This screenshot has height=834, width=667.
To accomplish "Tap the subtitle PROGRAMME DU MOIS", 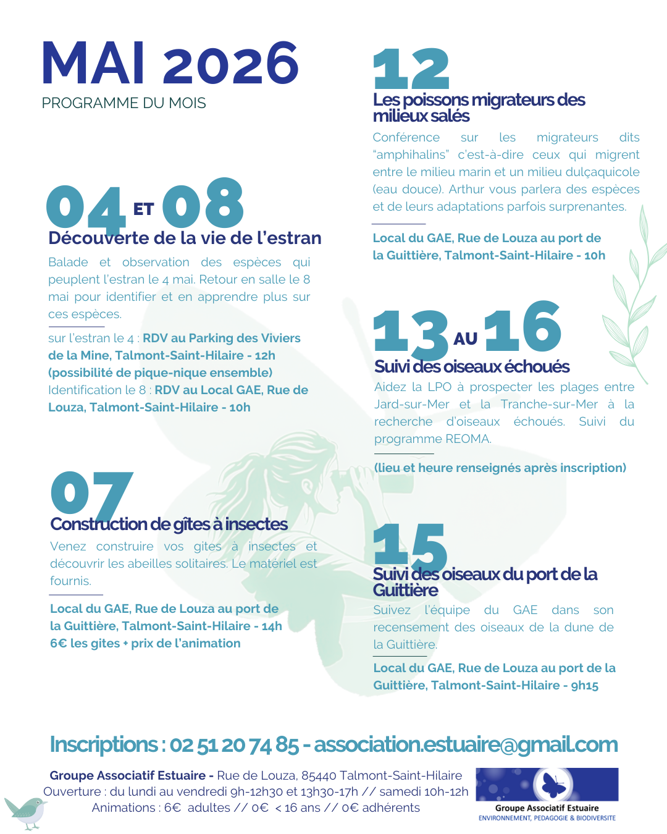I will [x=124, y=103].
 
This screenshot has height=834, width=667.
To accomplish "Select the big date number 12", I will [x=411, y=69].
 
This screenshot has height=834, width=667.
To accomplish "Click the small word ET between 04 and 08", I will [x=143, y=209].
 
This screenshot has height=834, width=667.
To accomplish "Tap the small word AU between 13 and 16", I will [x=466, y=339].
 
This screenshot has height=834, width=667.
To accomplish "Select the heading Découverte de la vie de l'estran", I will [x=185, y=238].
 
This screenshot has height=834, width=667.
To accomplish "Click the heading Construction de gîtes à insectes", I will [x=169, y=524].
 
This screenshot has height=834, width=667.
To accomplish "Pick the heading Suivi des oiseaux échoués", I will [x=472, y=367].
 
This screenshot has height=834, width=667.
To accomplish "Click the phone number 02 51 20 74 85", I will [x=234, y=745].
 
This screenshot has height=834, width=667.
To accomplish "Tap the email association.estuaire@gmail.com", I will [x=466, y=745].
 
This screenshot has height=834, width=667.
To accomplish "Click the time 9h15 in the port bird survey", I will [x=584, y=686].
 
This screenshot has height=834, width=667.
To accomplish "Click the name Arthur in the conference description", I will [x=468, y=190].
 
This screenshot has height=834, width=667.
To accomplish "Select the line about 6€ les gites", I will [x=145, y=644].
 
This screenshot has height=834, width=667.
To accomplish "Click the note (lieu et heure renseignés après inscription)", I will [x=500, y=468].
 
